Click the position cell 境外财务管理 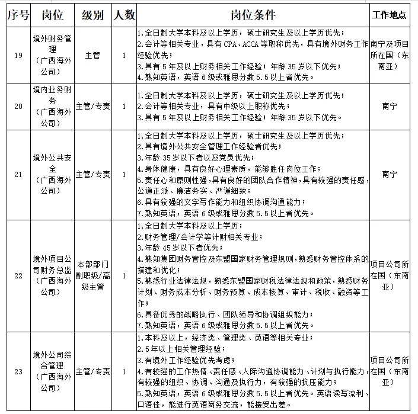click(52, 55)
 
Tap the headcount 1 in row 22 click(123, 276)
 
